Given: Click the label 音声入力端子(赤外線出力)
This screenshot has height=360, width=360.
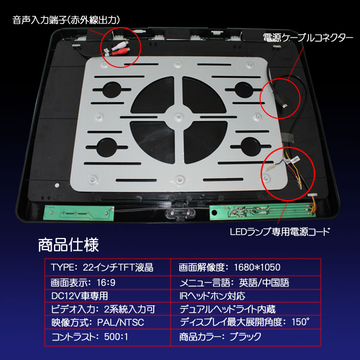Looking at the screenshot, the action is coord(66,20).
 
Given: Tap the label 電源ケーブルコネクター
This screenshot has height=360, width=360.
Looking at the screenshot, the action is coord(308,38).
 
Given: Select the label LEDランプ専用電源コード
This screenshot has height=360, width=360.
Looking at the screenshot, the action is coord(280,232).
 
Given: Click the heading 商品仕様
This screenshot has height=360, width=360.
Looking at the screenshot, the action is coord(68,245).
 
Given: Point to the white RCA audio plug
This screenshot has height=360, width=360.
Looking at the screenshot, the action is coord(121,45).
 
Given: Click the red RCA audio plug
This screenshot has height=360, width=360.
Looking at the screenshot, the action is coord(121,52).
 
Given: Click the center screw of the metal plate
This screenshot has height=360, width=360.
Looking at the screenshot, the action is coord(179,116).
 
